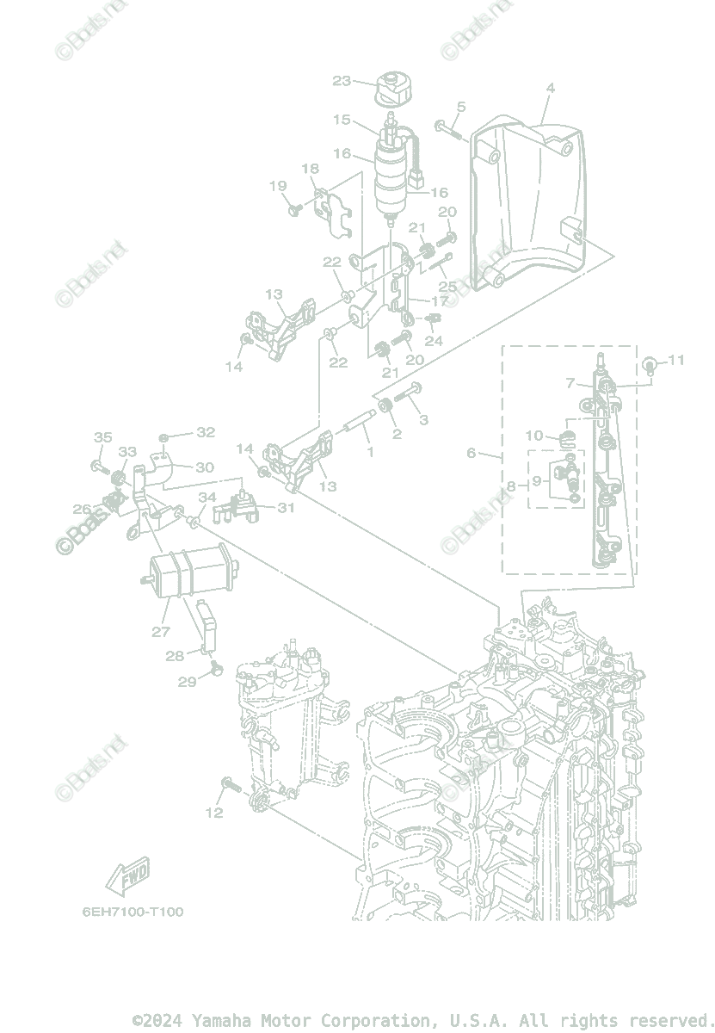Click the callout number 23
point(342,81)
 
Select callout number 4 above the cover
point(550,88)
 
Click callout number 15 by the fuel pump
point(342,120)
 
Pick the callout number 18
point(310,170)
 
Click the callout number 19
point(278,186)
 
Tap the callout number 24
point(434,341)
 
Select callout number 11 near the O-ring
point(676,360)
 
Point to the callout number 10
point(534,436)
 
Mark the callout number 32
point(206,432)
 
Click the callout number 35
point(102,438)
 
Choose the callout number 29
point(188,682)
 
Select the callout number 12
point(214,812)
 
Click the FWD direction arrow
point(127,875)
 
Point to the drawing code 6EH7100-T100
point(133,912)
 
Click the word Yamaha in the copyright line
point(219,1021)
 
